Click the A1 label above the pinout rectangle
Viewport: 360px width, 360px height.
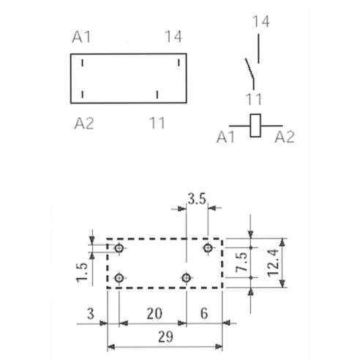click(x=81, y=37)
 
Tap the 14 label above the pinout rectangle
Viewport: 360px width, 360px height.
click(x=173, y=37)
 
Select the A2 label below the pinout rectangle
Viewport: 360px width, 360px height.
click(x=84, y=123)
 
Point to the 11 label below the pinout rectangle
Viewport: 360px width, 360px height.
click(x=157, y=123)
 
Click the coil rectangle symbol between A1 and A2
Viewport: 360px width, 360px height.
click(x=255, y=125)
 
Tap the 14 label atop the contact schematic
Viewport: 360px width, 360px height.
click(x=260, y=21)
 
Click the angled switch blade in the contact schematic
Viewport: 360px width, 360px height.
click(x=250, y=69)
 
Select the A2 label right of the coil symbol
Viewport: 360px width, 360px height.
click(x=285, y=137)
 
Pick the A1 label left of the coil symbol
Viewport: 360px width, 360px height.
click(x=225, y=137)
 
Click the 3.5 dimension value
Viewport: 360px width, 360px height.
click(x=197, y=199)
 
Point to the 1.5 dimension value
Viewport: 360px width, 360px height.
click(x=82, y=272)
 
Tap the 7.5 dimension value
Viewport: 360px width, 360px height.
click(x=241, y=262)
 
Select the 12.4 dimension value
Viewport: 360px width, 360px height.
click(x=273, y=263)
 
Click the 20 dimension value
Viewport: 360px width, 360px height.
click(x=154, y=314)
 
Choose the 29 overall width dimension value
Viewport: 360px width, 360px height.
click(x=165, y=337)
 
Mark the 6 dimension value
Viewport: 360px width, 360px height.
click(x=204, y=313)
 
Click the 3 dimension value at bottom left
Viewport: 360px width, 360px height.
click(x=91, y=314)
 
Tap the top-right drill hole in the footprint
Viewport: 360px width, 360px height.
click(x=208, y=248)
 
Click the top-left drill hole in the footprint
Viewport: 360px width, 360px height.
click(x=119, y=248)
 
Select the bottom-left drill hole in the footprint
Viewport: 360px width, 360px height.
click(x=119, y=278)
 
